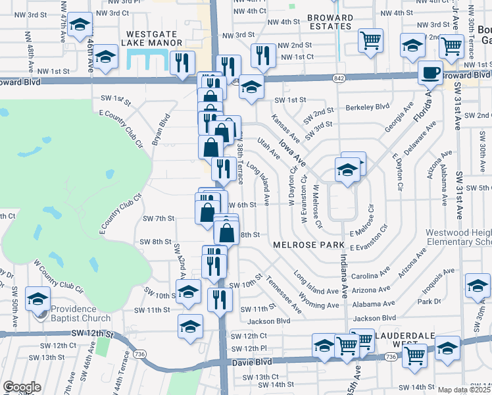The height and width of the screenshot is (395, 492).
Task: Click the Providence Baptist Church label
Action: tap(81, 309)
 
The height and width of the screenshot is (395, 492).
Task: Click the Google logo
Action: tap(22, 387)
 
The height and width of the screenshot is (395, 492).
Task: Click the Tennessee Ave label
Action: tap(283, 294)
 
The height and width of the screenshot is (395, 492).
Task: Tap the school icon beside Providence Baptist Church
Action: tap(38, 299)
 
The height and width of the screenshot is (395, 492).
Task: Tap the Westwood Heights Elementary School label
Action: tap(458, 238)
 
